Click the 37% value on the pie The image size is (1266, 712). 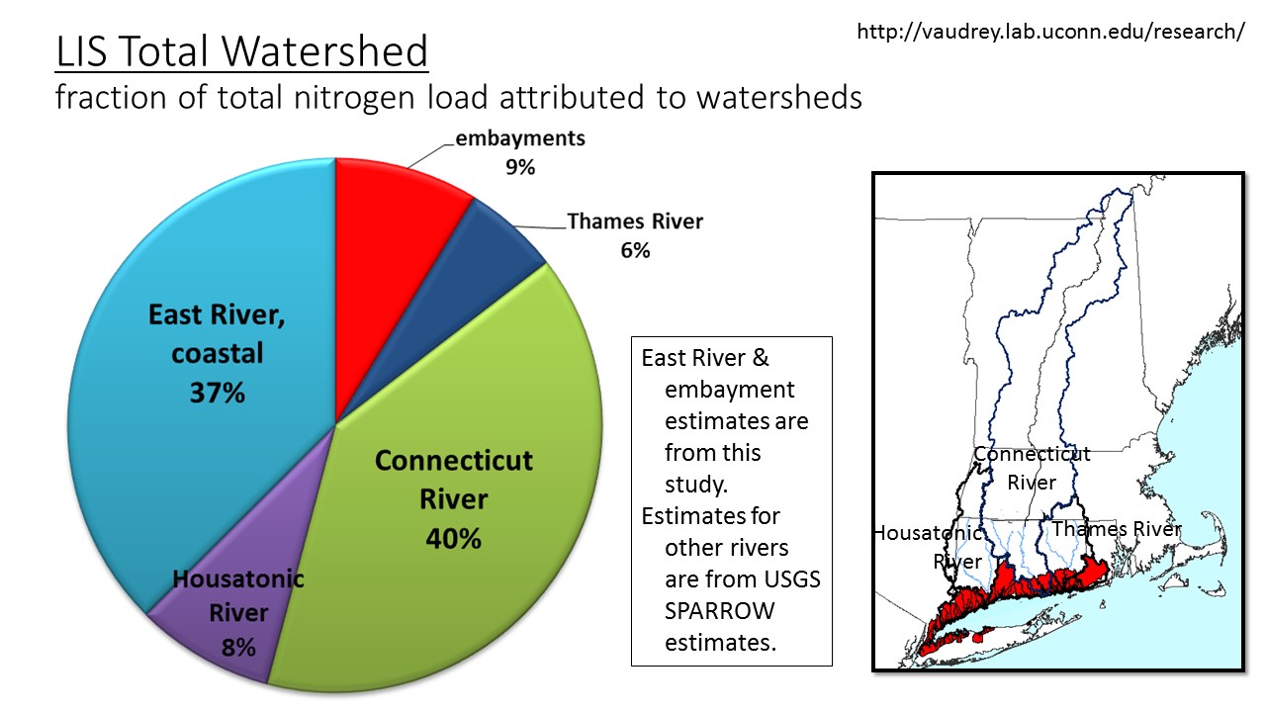pos(217,393)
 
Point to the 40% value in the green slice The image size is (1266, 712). pos(453,538)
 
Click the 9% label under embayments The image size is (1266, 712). pos(520,167)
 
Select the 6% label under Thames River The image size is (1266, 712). pos(635,250)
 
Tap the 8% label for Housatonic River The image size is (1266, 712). pos(238,648)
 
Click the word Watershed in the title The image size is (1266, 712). pos(324,50)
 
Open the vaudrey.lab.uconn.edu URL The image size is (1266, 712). pos(1050,32)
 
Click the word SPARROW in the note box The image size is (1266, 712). pos(719,611)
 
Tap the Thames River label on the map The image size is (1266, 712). pos(1117,529)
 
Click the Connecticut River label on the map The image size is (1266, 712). pos(1032,468)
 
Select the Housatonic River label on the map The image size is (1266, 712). pos(929,547)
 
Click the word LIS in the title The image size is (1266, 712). pos(81,50)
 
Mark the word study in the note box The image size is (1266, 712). pos(695,485)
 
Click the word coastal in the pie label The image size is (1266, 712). pos(217,354)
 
